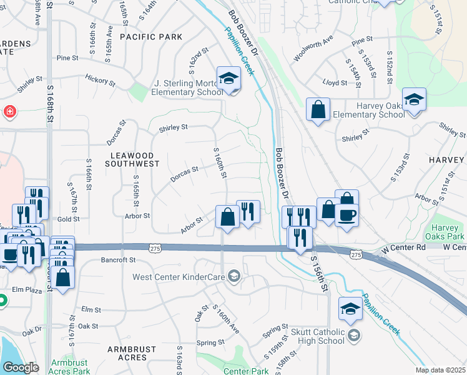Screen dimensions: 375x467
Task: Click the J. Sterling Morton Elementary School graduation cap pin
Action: pos(229,79)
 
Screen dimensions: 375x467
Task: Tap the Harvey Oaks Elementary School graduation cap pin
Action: pos(414,101)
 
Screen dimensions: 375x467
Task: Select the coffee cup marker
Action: pos(347,214)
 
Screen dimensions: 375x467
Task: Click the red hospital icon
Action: pos(10,113)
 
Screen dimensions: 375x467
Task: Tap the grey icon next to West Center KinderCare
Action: pos(234,276)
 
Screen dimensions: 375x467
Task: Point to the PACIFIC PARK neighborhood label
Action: pos(151,37)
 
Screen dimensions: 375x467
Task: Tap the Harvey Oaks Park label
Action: pos(448,232)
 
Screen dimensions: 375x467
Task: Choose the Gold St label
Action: pos(68,219)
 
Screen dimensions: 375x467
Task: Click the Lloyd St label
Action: pos(335,82)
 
